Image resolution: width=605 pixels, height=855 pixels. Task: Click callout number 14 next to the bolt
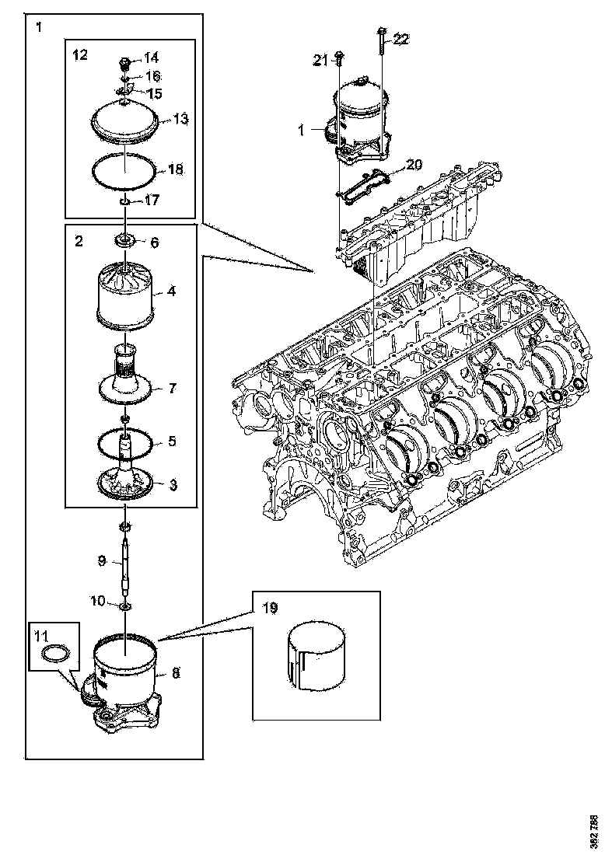[151, 58]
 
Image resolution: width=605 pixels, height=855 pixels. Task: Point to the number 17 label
[151, 200]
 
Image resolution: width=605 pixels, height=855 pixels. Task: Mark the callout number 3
[172, 484]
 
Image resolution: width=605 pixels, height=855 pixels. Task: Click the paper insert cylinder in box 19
[317, 654]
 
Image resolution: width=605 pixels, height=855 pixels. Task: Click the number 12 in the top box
[80, 54]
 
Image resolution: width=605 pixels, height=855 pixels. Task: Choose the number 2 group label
[79, 241]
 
